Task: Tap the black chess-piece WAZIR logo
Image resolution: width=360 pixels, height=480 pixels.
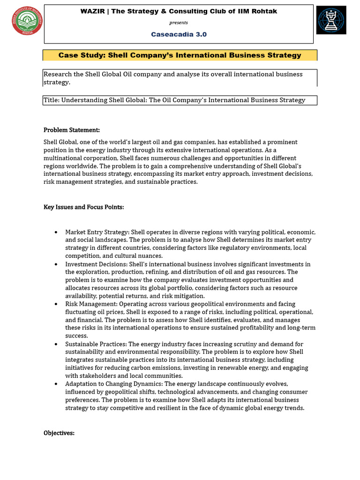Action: click(331, 20)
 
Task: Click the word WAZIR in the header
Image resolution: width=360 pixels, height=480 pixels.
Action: click(92, 11)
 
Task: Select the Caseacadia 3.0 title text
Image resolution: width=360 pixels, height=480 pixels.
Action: click(179, 34)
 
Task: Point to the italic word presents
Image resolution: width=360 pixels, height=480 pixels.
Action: click(179, 22)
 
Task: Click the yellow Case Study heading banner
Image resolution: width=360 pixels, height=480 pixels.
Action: click(180, 55)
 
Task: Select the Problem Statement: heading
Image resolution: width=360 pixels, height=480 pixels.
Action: click(72, 130)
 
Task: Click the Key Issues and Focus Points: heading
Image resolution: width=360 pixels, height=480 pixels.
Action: click(83, 207)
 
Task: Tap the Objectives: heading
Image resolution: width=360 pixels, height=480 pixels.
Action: click(59, 433)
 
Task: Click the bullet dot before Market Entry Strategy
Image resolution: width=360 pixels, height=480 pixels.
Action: click(56, 232)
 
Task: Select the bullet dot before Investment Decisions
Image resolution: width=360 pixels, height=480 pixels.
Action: click(56, 264)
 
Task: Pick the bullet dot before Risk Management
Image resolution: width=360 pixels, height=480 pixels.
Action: click(56, 304)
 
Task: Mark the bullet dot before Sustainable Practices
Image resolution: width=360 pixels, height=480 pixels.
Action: click(56, 344)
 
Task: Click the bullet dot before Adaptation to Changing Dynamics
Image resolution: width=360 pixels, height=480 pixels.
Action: click(56, 384)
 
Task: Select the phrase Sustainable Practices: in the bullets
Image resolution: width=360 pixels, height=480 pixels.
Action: click(96, 344)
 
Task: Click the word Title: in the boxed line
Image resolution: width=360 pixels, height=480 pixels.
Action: click(52, 100)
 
